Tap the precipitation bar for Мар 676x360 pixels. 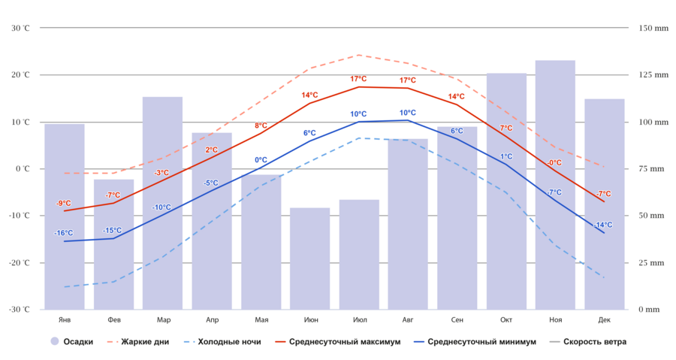pos(162,203)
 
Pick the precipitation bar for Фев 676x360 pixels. pos(113,244)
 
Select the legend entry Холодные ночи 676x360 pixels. pos(229,341)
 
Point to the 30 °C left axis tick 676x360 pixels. pos(20,28)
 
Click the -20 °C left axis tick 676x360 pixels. pos(20,262)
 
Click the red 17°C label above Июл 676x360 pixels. pos(358,79)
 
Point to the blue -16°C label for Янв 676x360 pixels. pos(64,233)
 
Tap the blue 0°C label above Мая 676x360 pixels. pos(261,159)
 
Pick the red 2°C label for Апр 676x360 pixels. pos(212,150)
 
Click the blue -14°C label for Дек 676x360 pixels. pos(603,225)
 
